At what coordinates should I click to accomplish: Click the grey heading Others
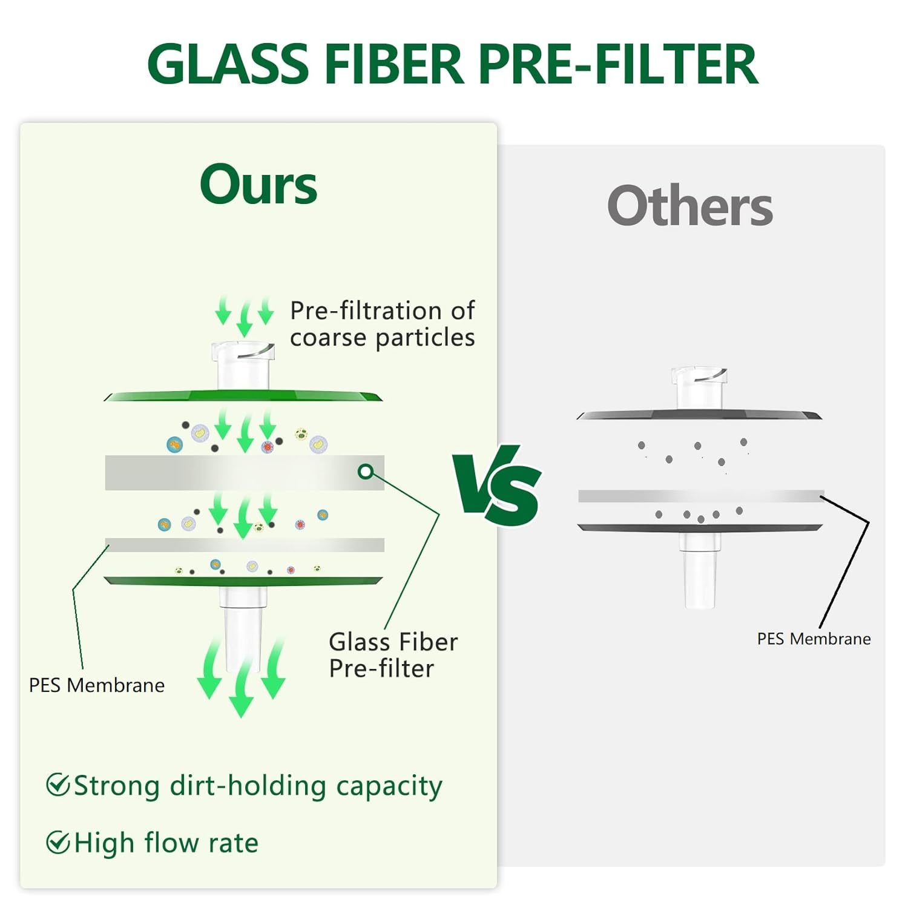pos(690,206)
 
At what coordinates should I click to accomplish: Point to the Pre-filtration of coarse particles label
pos(383,324)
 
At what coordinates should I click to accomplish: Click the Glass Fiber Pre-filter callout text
pos(393,655)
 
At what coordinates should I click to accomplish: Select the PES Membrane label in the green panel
pos(97,685)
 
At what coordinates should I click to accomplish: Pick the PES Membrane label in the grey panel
pos(814,639)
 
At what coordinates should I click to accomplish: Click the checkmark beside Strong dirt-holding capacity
pos(58,785)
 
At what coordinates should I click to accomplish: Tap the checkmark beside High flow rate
pos(58,842)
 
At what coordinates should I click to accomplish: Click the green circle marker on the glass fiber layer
pos(366,472)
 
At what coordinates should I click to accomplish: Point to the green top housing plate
pos(243,396)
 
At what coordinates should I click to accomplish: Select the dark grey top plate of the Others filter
pos(700,415)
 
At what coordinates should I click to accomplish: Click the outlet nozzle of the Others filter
pos(700,572)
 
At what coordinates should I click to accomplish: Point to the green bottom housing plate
pos(243,581)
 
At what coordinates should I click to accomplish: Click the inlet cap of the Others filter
pos(700,388)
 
